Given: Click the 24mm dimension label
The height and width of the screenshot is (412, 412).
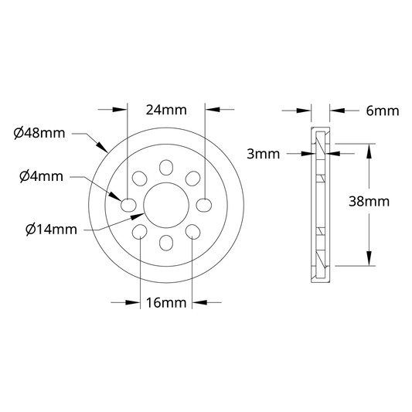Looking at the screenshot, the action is click(166, 110).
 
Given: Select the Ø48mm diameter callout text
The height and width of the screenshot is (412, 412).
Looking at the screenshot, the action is click(39, 133).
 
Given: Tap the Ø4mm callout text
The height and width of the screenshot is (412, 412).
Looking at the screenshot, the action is click(42, 176).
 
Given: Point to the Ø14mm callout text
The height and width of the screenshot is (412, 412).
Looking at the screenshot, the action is click(52, 230).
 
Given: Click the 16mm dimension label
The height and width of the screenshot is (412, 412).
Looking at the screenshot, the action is click(166, 303).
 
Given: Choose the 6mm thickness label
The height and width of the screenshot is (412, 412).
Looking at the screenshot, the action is click(383, 111).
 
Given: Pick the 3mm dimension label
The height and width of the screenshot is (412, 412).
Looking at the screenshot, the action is click(264, 154).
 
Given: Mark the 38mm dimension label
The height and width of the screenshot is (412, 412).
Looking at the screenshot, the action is click(369, 202).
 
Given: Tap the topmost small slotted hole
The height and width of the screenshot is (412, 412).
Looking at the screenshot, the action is click(166, 168).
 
